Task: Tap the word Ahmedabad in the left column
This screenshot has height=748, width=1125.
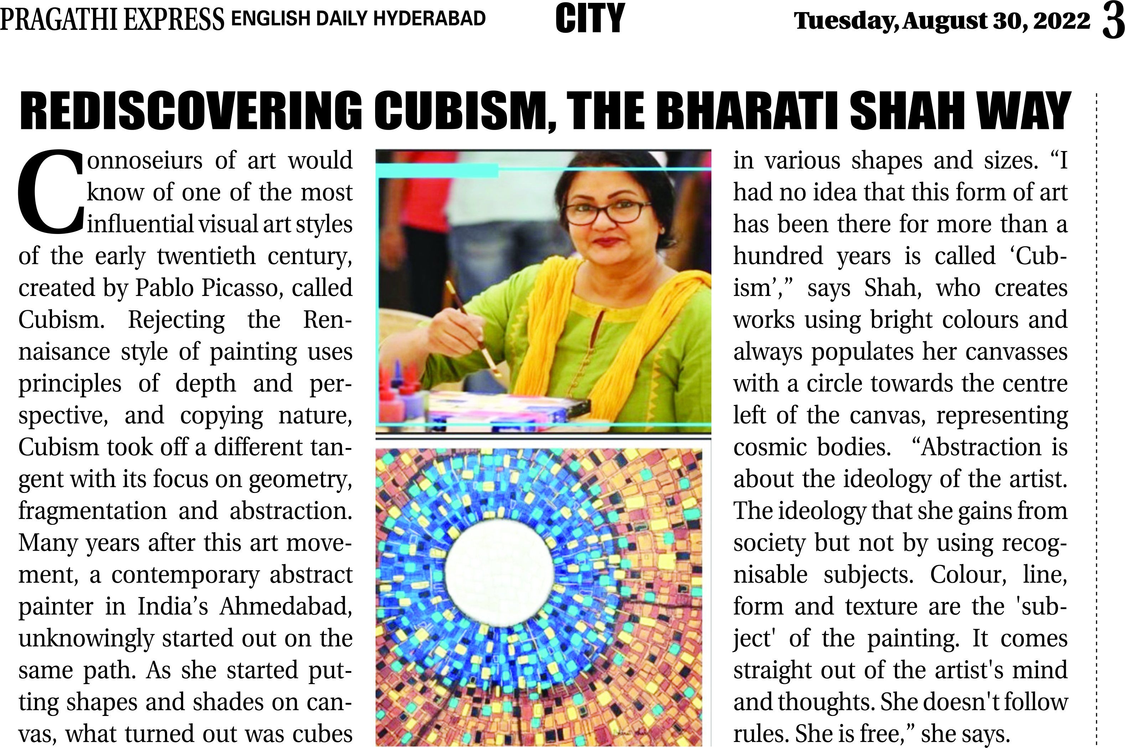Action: (285, 607)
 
